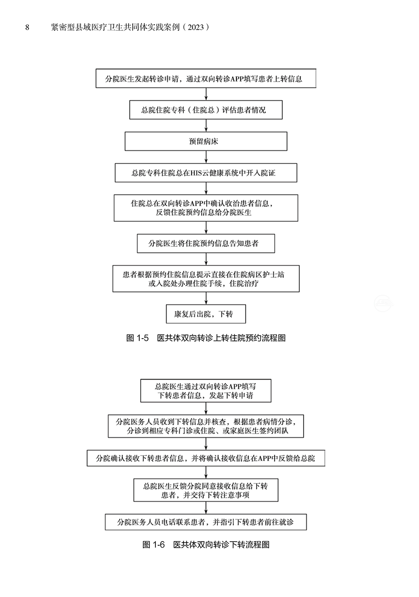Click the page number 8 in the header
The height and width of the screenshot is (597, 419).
[27, 27]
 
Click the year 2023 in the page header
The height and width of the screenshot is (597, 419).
[196, 27]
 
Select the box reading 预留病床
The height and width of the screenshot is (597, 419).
[206, 141]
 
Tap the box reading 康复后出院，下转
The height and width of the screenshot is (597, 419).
[206, 314]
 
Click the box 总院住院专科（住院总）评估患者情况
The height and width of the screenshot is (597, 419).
[206, 110]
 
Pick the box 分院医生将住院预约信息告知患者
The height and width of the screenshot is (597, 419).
[206, 244]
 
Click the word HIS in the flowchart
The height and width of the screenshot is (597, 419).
[196, 173]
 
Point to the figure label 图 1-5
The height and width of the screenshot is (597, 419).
[137, 338]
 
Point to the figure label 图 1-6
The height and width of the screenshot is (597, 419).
[154, 544]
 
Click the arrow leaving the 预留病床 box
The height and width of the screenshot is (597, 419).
[206, 157]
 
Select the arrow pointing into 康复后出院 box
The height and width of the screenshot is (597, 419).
[206, 298]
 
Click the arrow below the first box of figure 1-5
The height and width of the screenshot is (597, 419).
[206, 94]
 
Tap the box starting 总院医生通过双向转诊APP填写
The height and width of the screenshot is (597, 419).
[206, 391]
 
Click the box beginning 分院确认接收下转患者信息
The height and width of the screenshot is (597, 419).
[206, 458]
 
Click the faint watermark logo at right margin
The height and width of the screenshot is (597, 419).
[384, 303]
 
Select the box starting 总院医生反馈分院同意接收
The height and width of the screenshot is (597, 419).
[206, 490]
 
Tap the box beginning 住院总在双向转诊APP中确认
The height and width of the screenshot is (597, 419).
[206, 208]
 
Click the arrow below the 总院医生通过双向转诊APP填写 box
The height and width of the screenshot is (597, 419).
[206, 408]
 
